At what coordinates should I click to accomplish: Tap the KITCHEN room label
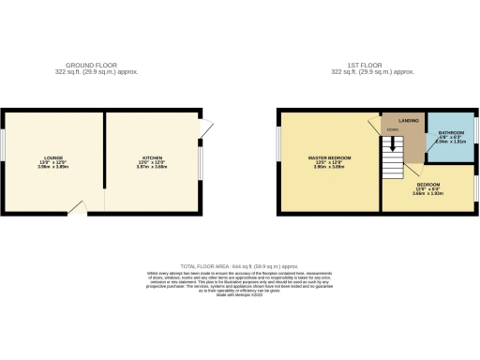pyautogui.click(x=152, y=157)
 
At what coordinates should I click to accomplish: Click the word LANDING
pyautogui.click(x=408, y=121)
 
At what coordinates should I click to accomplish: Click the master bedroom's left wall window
pyautogui.click(x=278, y=157)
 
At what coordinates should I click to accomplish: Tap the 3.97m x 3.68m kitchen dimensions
pyautogui.click(x=152, y=166)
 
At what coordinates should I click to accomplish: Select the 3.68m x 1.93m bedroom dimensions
pyautogui.click(x=430, y=192)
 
